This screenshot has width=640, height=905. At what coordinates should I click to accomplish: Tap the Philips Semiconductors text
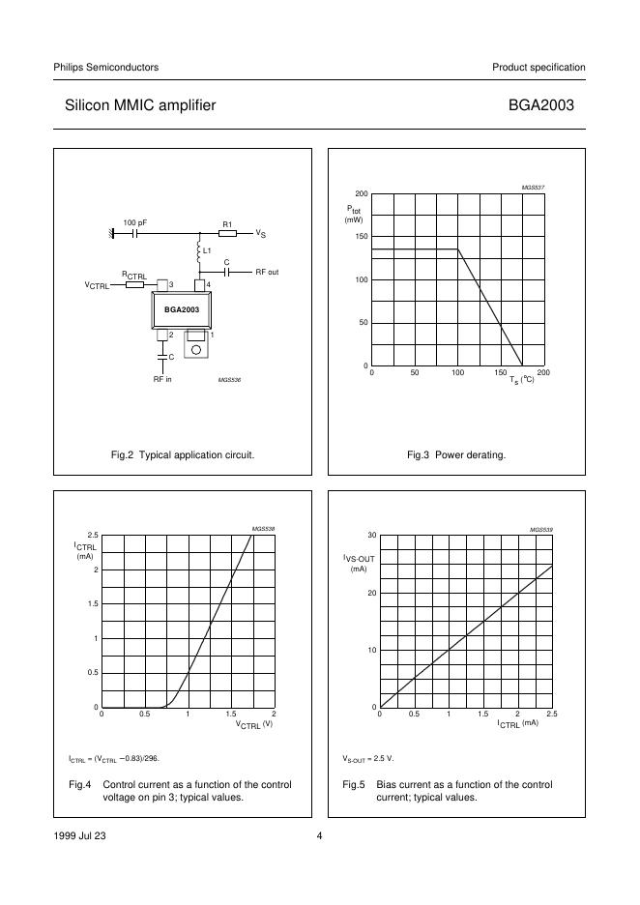click(105, 67)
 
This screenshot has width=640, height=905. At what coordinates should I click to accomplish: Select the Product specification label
click(538, 67)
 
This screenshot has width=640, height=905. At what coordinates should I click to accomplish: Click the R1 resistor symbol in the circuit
click(227, 234)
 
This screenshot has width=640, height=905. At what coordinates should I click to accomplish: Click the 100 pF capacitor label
click(134, 222)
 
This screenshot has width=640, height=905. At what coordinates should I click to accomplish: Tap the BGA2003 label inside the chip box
click(181, 309)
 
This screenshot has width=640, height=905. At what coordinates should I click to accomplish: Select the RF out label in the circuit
click(267, 273)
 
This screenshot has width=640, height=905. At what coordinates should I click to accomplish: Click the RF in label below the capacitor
click(162, 379)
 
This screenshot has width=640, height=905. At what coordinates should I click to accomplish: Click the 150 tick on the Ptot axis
click(362, 237)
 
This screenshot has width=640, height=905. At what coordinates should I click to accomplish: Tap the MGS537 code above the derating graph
click(534, 187)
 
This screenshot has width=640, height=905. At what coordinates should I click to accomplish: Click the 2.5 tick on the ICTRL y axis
click(93, 535)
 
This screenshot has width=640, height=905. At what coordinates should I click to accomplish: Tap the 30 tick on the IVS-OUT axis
click(370, 535)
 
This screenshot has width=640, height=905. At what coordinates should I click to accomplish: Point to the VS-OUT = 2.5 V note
click(368, 759)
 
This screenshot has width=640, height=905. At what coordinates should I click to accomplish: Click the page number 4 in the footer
click(319, 837)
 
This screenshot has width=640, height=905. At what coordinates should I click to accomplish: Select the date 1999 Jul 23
click(79, 837)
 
